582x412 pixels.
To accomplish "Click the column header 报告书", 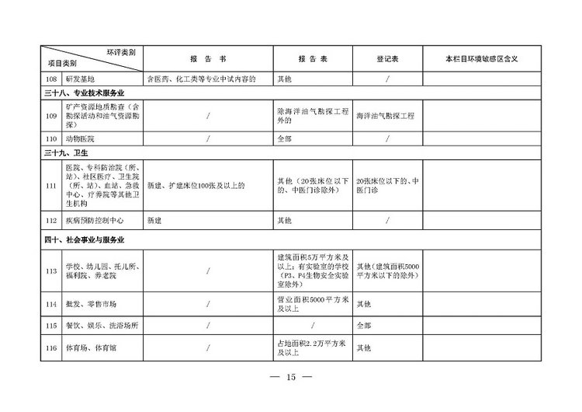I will [x=208, y=59].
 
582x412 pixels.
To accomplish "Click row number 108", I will [x=51, y=79].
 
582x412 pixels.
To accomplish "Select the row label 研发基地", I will [x=81, y=79].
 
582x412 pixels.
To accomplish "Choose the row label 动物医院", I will [x=81, y=138].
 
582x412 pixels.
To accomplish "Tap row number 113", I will [x=51, y=271].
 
